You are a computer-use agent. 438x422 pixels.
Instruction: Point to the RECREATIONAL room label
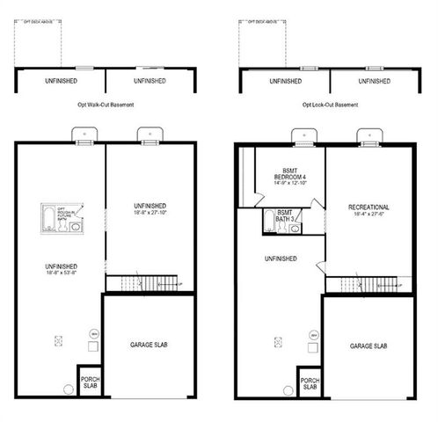[x=369, y=207]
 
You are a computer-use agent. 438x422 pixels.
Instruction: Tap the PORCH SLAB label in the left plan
[x=90, y=382]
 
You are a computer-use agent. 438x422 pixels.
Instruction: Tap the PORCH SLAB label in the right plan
[x=310, y=382]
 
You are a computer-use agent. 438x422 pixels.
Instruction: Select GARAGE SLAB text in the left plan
[x=148, y=346]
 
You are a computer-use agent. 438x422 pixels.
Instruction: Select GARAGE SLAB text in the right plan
[x=368, y=346]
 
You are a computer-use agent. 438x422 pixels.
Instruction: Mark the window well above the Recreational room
[x=369, y=136]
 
